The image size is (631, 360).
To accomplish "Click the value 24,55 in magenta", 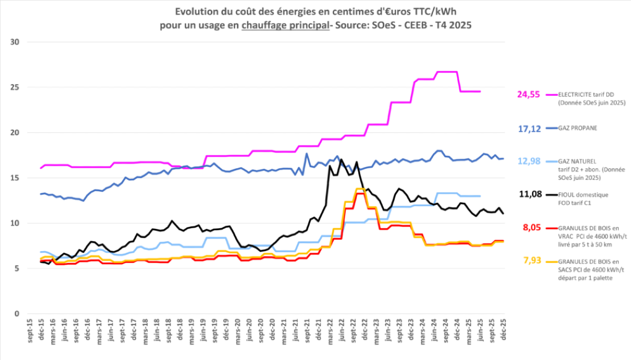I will (x=529, y=95).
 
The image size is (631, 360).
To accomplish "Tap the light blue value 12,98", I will (x=529, y=161).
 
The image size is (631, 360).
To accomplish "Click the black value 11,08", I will (x=529, y=194).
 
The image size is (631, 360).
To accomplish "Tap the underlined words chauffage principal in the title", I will (x=282, y=24).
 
